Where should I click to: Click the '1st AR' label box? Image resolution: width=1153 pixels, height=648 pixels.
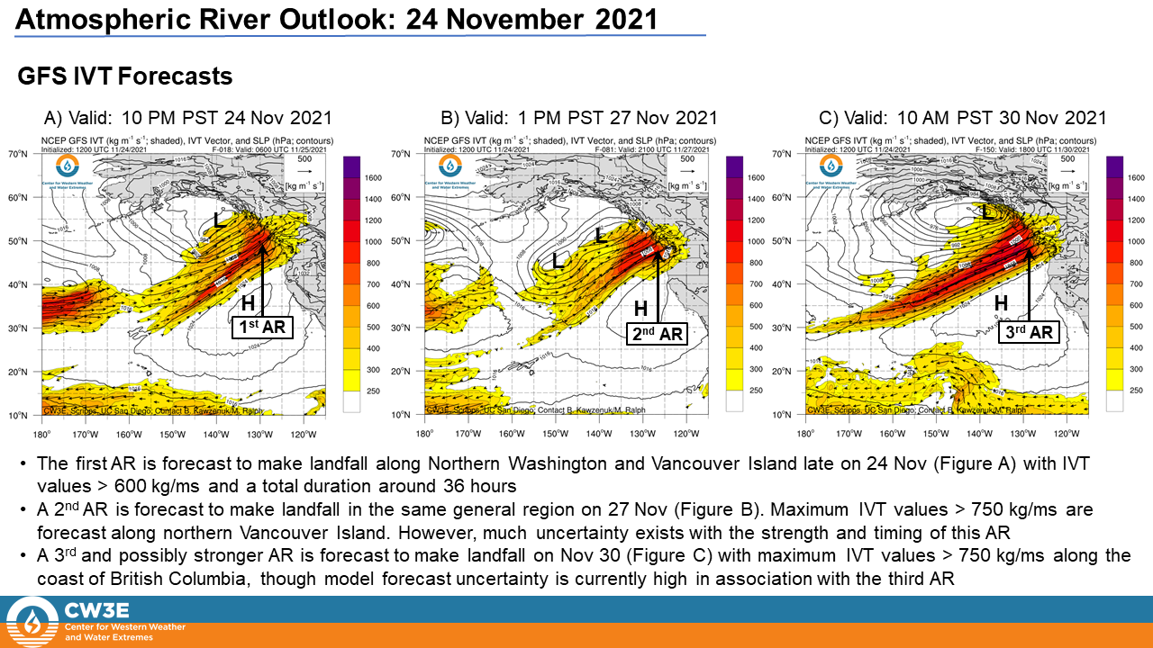(262, 328)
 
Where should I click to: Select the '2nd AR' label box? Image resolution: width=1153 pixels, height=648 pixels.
(658, 334)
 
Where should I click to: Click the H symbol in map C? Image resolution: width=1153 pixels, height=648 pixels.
(1001, 304)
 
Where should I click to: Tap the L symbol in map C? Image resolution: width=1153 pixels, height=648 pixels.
(988, 212)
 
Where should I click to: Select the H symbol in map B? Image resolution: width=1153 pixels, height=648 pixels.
(640, 309)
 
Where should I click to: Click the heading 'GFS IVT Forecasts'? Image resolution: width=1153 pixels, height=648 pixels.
(125, 77)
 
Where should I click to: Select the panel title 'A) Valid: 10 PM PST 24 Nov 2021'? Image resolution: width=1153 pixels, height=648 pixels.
(188, 118)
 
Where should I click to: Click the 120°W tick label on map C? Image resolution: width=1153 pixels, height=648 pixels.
(1067, 431)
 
